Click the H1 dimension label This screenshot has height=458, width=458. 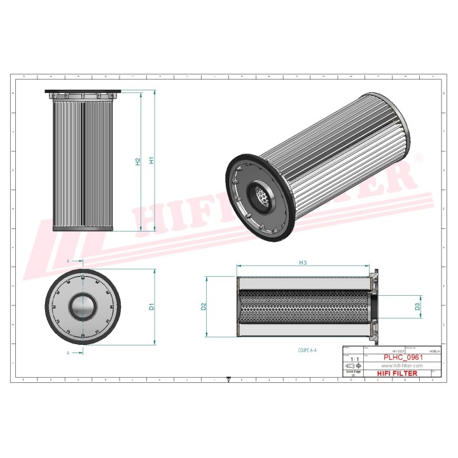151,160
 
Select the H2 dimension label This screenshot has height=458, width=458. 137,162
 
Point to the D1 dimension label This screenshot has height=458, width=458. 151,307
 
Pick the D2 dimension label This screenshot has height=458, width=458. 204,306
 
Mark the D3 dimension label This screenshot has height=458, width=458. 417,307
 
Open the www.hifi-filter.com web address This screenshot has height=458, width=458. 402,366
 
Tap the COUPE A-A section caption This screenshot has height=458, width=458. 307,350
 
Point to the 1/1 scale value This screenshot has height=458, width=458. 354,359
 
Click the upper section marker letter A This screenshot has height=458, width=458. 68,260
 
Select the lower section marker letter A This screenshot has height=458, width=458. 68,351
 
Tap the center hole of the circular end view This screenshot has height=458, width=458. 83,307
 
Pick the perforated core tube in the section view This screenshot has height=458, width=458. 303,307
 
